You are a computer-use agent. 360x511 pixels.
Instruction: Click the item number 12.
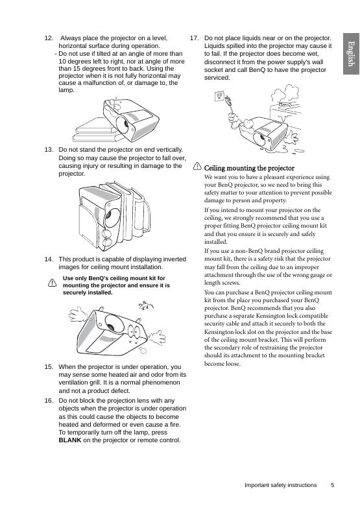tap(49, 38)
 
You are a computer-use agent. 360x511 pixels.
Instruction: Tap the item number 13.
tap(49, 150)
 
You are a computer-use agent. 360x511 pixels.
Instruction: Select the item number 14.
tap(49, 259)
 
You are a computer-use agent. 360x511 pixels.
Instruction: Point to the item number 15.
tap(49, 366)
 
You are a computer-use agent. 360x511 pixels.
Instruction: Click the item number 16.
tap(49, 401)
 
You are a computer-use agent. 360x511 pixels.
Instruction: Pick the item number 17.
tap(195, 38)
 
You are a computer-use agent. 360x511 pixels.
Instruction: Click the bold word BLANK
tap(70, 440)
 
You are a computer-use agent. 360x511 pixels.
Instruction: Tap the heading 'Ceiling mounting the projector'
tap(249, 168)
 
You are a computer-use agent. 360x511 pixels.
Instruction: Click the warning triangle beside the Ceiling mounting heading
tap(197, 167)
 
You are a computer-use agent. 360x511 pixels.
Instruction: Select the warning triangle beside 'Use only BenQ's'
tap(52, 283)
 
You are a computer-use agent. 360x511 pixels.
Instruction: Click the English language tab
tap(351, 54)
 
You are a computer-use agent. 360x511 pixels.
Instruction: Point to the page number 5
tap(333, 485)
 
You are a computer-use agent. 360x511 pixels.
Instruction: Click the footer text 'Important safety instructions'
tap(280, 485)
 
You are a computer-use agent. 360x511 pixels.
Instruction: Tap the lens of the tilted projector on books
tap(124, 125)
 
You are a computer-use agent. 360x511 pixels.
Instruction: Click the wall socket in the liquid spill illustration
tap(219, 97)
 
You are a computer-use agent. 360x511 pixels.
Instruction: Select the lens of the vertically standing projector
tap(112, 217)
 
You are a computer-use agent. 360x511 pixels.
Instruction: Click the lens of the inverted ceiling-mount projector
tap(111, 323)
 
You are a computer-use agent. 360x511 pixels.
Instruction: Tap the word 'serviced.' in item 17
tap(217, 78)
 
